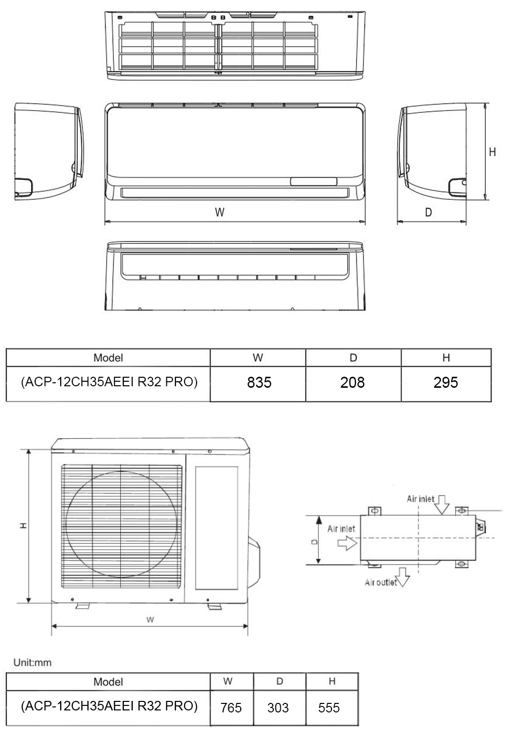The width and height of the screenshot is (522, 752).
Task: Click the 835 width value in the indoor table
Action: click(x=259, y=383)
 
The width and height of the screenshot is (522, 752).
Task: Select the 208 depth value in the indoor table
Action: click(x=353, y=383)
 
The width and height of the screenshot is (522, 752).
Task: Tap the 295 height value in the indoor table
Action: click(x=446, y=383)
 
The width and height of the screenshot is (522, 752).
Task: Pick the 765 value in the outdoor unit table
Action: click(x=231, y=708)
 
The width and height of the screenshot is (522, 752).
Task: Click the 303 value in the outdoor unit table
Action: click(x=278, y=708)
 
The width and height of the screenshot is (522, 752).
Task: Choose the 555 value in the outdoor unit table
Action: click(x=329, y=708)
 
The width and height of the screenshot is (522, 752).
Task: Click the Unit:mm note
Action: click(x=33, y=662)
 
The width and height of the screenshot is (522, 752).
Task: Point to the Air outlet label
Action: click(x=381, y=583)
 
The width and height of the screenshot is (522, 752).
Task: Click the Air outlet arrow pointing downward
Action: click(x=403, y=577)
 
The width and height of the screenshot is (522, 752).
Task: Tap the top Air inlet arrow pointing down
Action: click(x=442, y=505)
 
